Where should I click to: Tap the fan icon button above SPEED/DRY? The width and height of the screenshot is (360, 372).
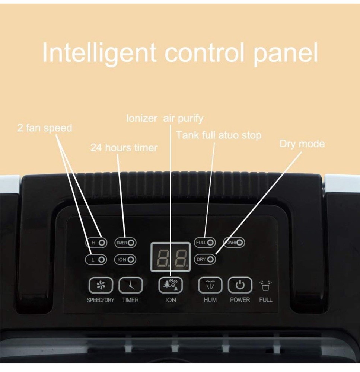point(101,285)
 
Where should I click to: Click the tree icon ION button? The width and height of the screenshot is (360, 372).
point(171,285)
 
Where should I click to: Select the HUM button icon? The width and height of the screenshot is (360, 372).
point(210,285)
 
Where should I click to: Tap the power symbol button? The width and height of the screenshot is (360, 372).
point(240,285)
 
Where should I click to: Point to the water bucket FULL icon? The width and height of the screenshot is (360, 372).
point(265,286)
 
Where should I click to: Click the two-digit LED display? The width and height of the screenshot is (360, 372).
point(171,257)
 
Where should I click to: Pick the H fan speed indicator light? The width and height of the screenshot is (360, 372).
point(102,243)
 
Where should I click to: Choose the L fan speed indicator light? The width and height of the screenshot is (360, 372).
point(102,260)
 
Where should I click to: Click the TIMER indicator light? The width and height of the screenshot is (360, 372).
point(131,243)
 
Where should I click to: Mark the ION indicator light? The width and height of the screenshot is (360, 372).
point(131,260)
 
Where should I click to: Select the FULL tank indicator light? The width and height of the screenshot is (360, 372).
point(211,243)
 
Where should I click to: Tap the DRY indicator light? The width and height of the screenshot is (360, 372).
point(210,259)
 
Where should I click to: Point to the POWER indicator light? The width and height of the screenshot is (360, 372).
point(240,243)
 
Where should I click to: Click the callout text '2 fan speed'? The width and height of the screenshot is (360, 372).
point(45,128)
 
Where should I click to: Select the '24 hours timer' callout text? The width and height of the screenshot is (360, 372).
point(124,148)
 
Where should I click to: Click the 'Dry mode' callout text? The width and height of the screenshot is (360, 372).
point(302,144)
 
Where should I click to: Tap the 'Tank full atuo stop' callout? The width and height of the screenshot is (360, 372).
point(219,135)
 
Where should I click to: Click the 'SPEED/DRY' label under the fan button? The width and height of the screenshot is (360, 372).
point(101,300)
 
